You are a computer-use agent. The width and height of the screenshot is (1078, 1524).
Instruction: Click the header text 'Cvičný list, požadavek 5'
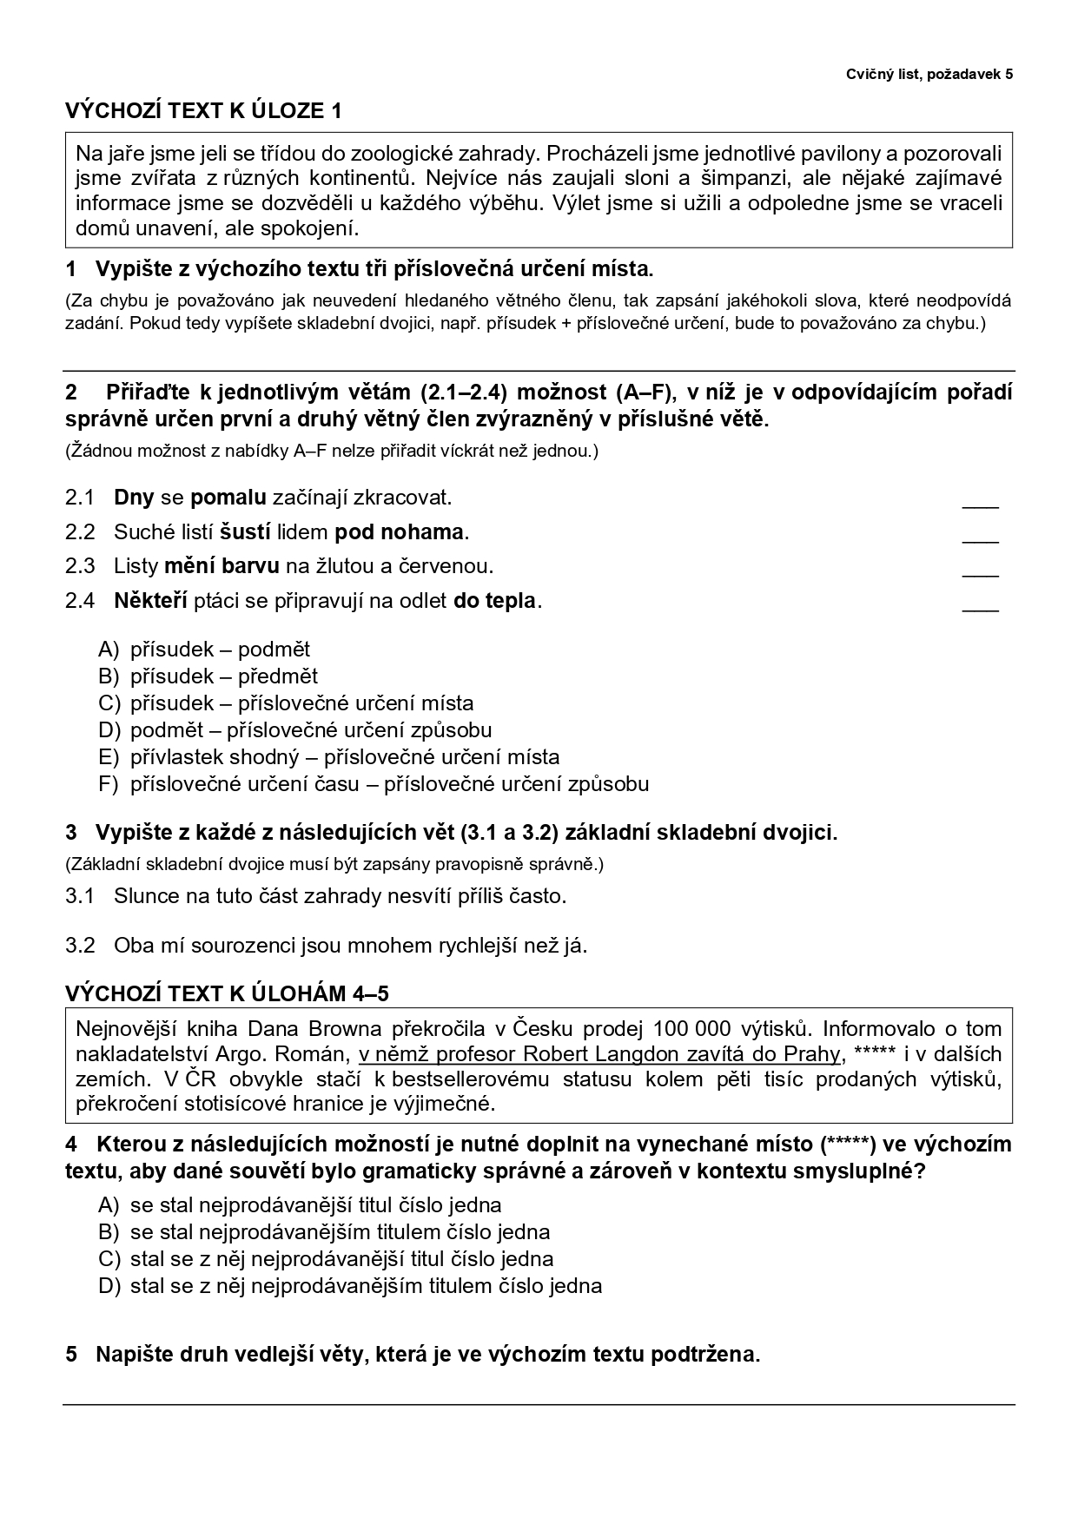929,75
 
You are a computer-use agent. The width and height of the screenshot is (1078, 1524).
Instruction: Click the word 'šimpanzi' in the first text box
775,179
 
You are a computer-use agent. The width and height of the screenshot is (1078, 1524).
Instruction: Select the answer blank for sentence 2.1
980,501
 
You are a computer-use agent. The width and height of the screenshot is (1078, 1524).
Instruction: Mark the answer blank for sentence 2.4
980,604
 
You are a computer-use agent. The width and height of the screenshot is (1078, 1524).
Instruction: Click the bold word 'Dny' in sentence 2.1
134,498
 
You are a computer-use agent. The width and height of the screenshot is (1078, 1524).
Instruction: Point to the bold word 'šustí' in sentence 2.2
245,531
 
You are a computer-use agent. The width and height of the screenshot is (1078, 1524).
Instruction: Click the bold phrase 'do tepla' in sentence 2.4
494,600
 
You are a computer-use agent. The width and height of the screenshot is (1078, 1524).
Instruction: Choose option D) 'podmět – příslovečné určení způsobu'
310,730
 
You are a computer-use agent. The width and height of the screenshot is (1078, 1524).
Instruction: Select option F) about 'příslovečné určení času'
388,784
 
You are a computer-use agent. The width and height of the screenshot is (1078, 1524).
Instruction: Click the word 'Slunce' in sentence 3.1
145,896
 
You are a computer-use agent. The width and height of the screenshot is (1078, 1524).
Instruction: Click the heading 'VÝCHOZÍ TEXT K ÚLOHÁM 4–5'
233,993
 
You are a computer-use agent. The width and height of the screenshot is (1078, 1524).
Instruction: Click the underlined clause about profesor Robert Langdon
599,1054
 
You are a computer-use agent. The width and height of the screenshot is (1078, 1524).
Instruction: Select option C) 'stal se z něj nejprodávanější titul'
341,1259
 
